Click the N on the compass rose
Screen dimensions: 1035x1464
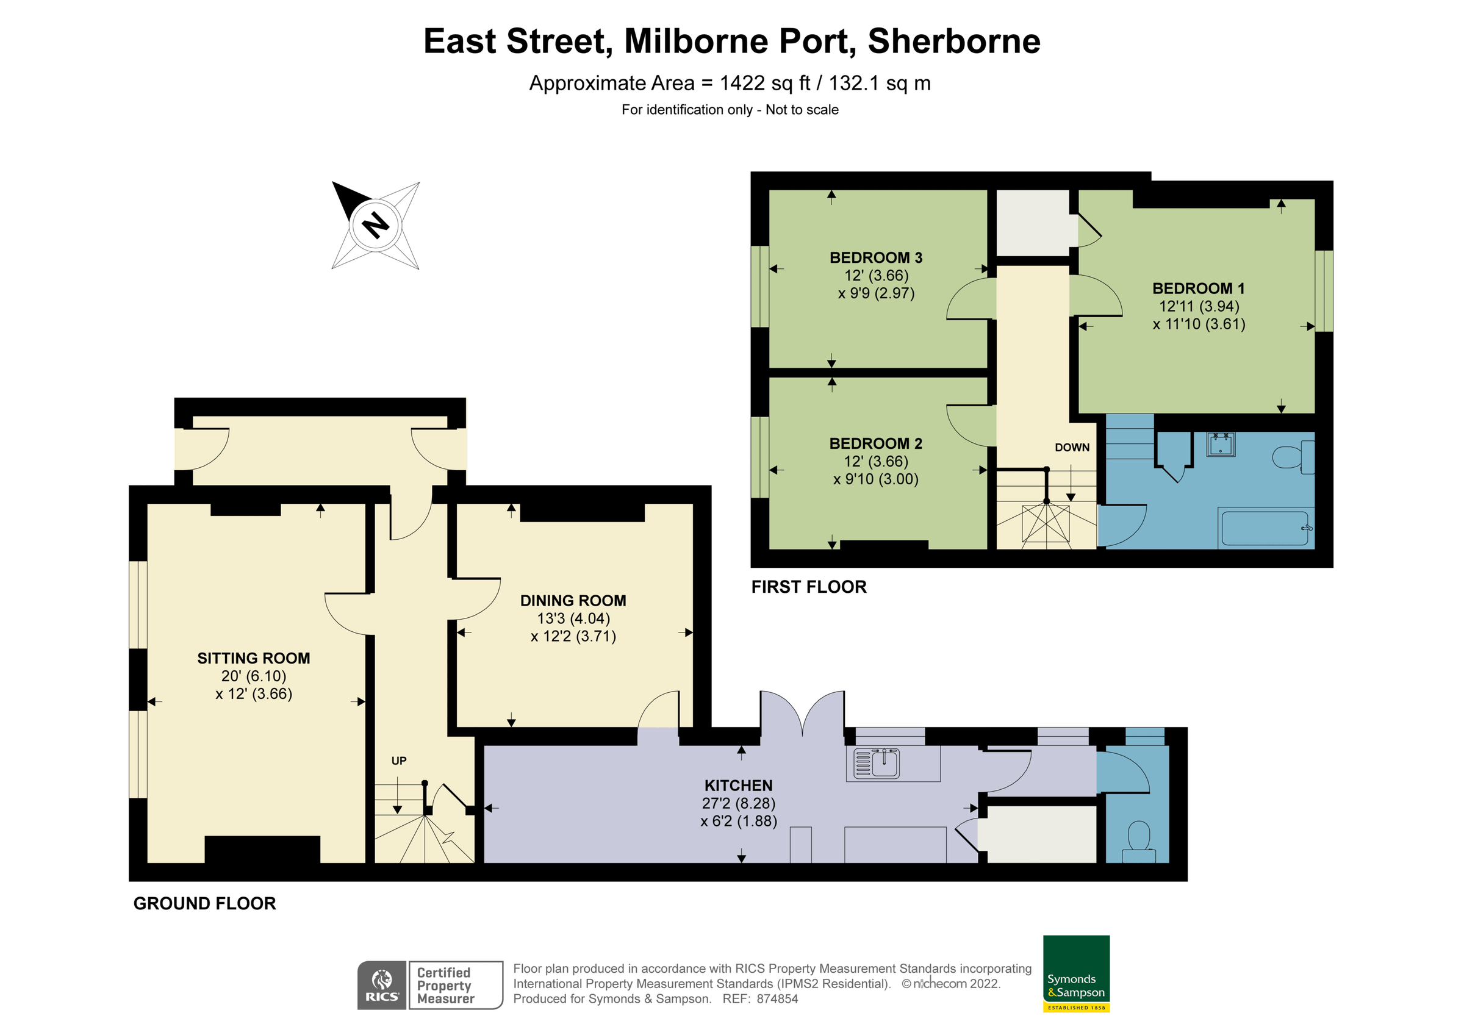(x=376, y=225)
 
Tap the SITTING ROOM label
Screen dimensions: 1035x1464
(x=254, y=658)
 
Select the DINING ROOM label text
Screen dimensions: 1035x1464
(x=573, y=601)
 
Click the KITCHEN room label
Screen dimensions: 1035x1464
(x=738, y=786)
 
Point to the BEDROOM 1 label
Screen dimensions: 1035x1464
(x=1198, y=288)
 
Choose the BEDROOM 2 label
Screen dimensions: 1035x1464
(x=875, y=443)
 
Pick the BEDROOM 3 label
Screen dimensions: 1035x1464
(x=875, y=257)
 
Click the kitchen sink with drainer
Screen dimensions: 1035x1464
(x=877, y=764)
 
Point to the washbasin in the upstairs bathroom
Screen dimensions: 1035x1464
(x=1221, y=444)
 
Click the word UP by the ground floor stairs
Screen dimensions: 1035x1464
(x=398, y=761)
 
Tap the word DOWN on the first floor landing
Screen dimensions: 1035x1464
(x=1072, y=448)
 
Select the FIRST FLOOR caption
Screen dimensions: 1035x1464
(x=808, y=587)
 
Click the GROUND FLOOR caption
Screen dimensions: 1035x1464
(x=205, y=904)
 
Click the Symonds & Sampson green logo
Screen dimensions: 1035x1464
(x=1076, y=973)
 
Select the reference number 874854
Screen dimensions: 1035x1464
(x=777, y=999)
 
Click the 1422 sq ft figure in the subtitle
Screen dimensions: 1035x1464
(x=764, y=84)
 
